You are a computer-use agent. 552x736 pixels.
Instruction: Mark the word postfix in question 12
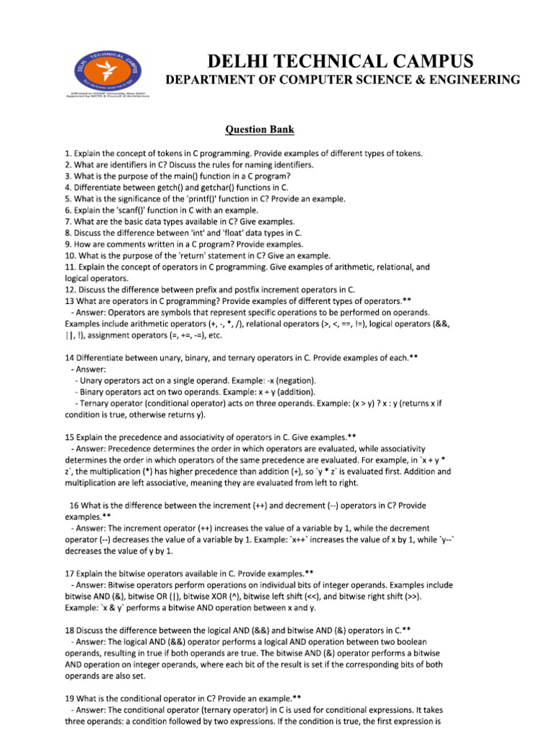click(236, 290)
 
